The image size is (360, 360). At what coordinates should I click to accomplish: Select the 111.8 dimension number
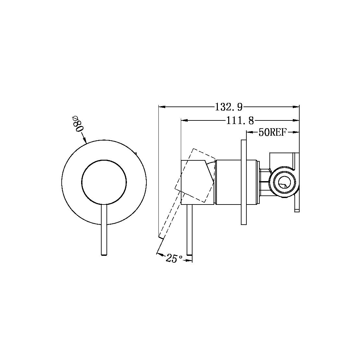[240, 121]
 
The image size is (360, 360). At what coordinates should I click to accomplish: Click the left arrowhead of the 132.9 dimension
[161, 106]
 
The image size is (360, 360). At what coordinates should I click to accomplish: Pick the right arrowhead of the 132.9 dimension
[296, 106]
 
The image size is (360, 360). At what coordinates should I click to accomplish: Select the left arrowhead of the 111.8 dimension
[184, 120]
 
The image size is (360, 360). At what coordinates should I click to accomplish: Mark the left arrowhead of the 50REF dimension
[250, 132]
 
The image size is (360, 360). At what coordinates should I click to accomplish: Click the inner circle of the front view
[104, 183]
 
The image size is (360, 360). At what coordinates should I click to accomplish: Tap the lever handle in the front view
[104, 227]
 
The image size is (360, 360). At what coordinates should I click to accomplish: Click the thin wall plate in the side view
[244, 182]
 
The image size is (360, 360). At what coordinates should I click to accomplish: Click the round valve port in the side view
[283, 182]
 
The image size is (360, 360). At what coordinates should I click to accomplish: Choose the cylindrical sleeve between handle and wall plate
[229, 182]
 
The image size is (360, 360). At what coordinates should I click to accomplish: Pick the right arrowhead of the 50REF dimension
[296, 132]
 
